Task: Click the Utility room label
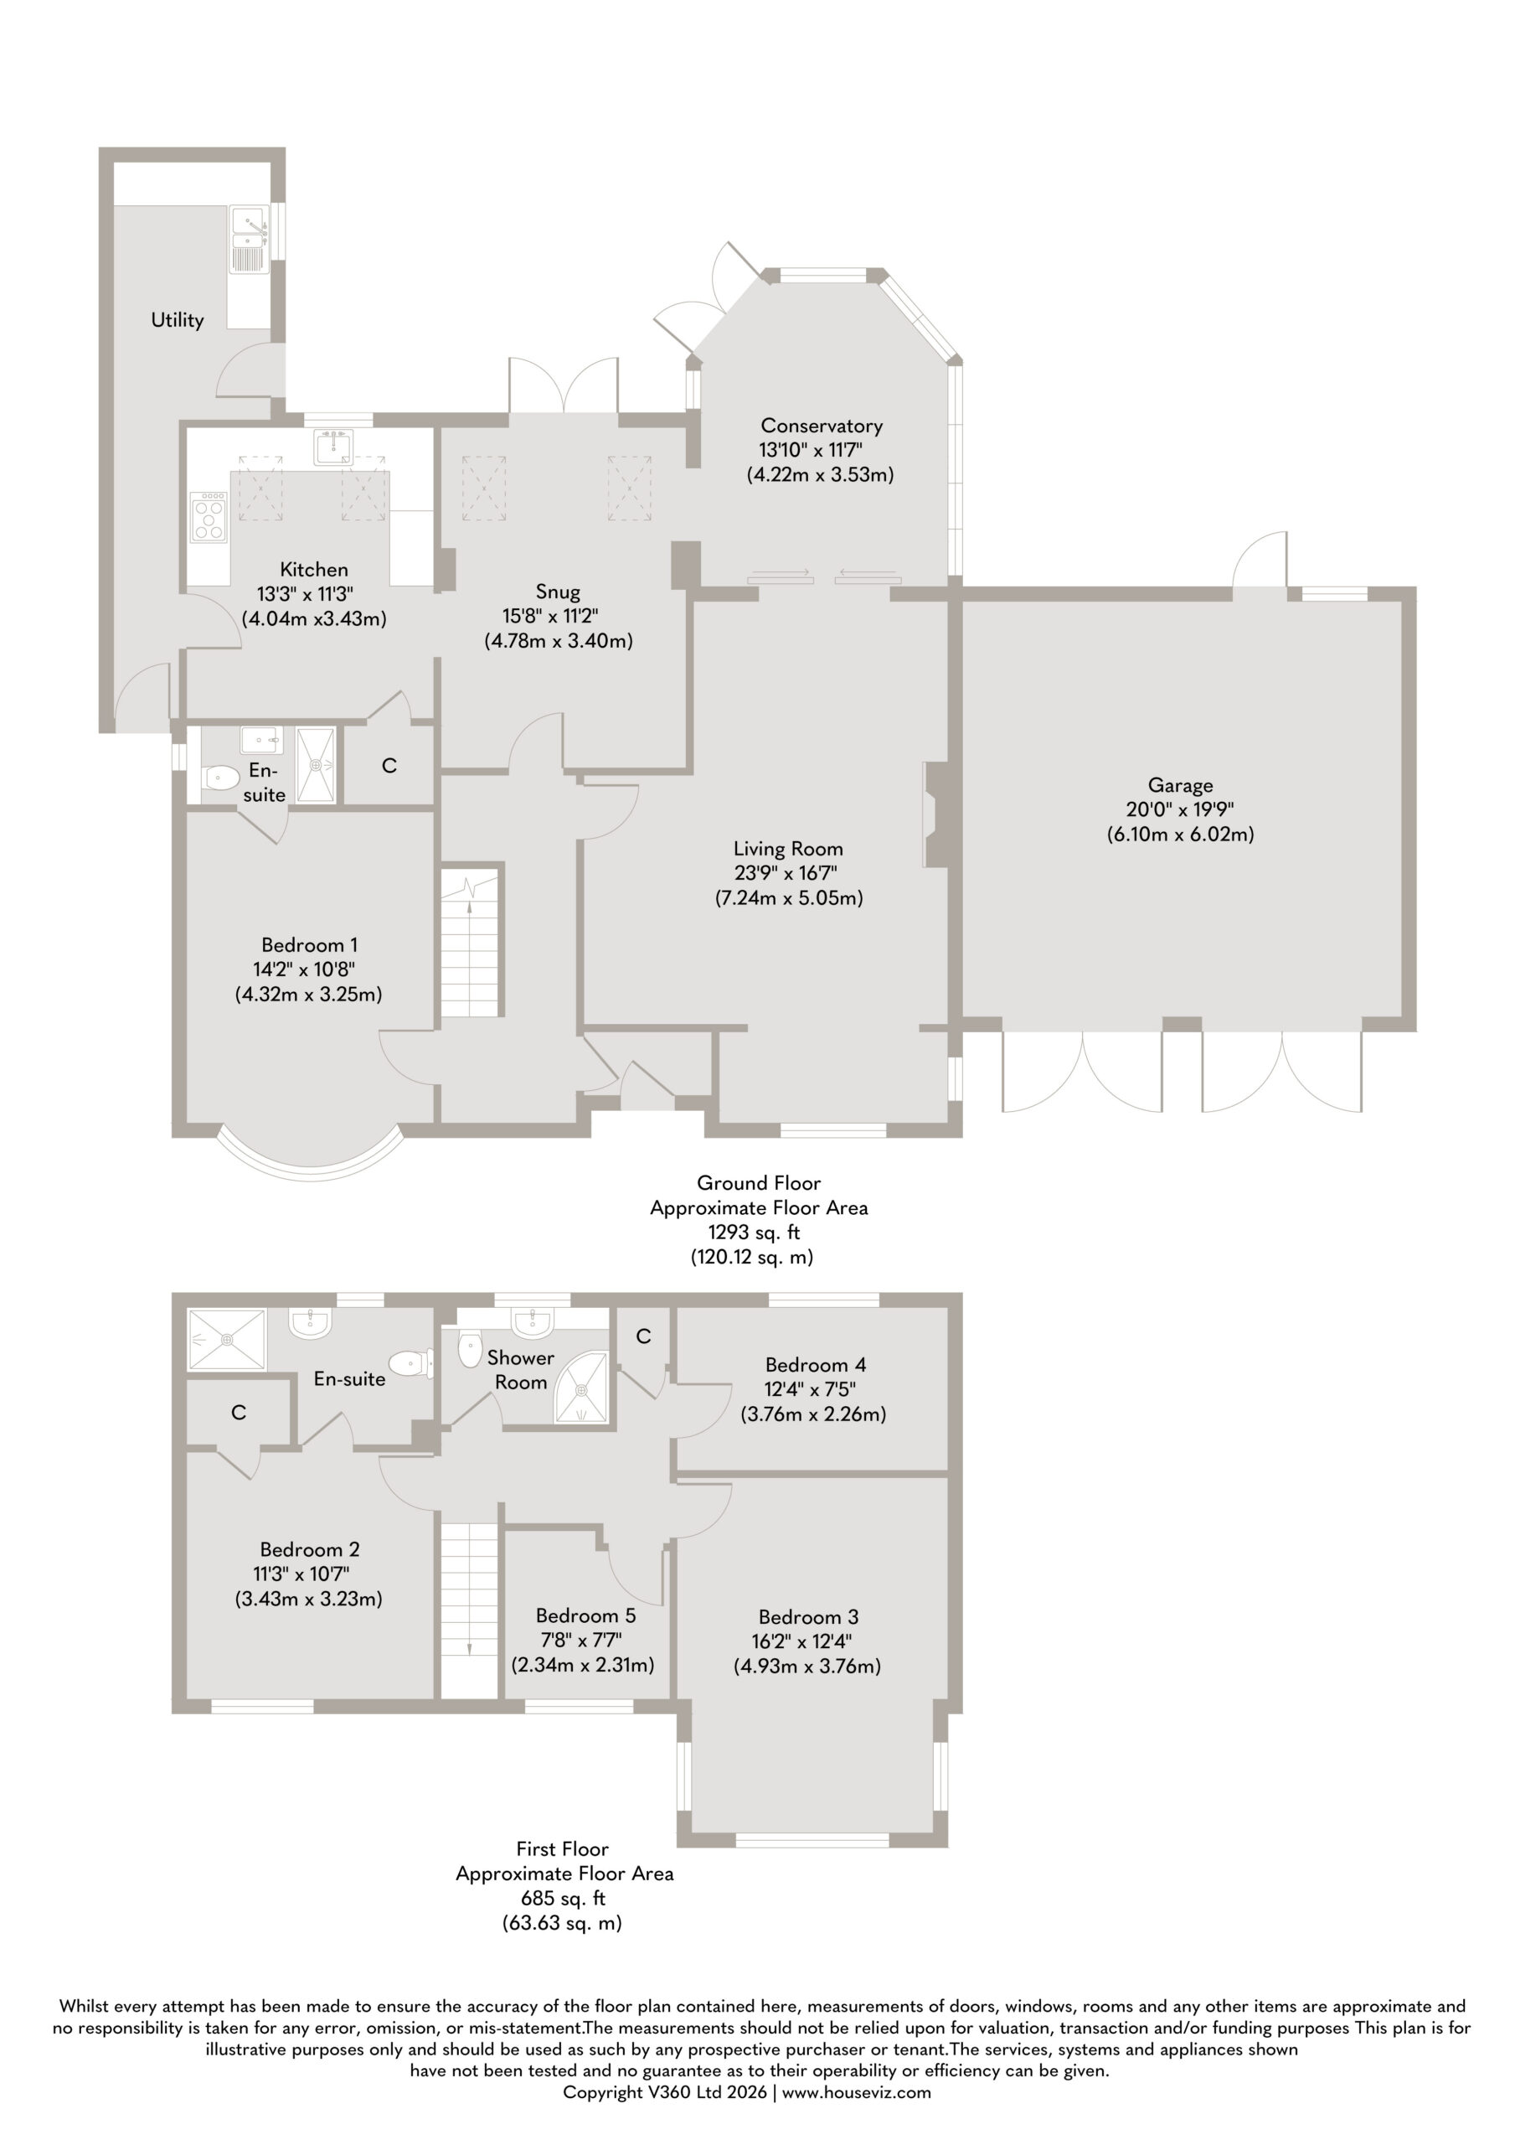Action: click(x=178, y=319)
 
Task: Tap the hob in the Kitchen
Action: click(x=209, y=517)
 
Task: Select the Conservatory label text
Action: click(x=821, y=426)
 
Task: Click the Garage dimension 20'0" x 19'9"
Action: click(x=1180, y=809)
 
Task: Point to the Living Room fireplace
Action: click(x=935, y=814)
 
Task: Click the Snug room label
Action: click(x=558, y=592)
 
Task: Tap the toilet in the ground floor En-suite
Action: click(x=220, y=778)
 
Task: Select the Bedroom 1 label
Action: click(x=309, y=944)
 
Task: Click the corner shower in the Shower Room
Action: click(x=582, y=1389)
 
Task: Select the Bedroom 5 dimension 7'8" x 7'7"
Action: click(x=580, y=1640)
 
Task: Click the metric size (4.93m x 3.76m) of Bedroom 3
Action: click(x=807, y=1666)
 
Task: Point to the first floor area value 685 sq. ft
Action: click(x=564, y=1899)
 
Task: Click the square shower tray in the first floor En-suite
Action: click(x=228, y=1340)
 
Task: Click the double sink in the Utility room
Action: click(x=249, y=238)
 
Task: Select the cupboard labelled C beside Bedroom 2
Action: click(x=240, y=1413)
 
